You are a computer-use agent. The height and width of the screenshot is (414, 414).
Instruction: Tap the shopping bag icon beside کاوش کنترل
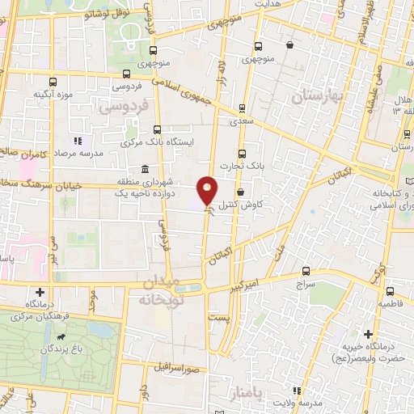243,192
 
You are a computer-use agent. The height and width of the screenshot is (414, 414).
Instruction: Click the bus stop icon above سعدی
243,108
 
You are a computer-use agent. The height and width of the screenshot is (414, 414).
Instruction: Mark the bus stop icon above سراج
306,272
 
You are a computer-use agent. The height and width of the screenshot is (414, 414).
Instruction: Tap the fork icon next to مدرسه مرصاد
78,140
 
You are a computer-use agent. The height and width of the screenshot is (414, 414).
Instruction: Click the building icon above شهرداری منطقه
144,169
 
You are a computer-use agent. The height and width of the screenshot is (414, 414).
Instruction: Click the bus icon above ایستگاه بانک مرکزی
157,128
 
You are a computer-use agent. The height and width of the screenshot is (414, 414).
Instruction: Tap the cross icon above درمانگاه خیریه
369,334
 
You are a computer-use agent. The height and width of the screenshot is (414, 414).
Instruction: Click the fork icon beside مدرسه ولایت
298,391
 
